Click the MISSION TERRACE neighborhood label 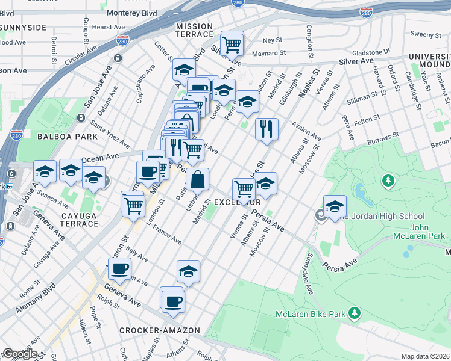pos(194,31)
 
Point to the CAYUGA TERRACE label pos(76,220)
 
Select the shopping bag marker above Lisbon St pos(197,179)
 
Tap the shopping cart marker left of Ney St pos(232,43)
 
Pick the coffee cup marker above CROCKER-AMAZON pos(172,300)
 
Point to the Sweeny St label pos(422,34)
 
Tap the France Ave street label pos(167,235)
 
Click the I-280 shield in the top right pos(366,12)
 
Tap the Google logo pos(20,354)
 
